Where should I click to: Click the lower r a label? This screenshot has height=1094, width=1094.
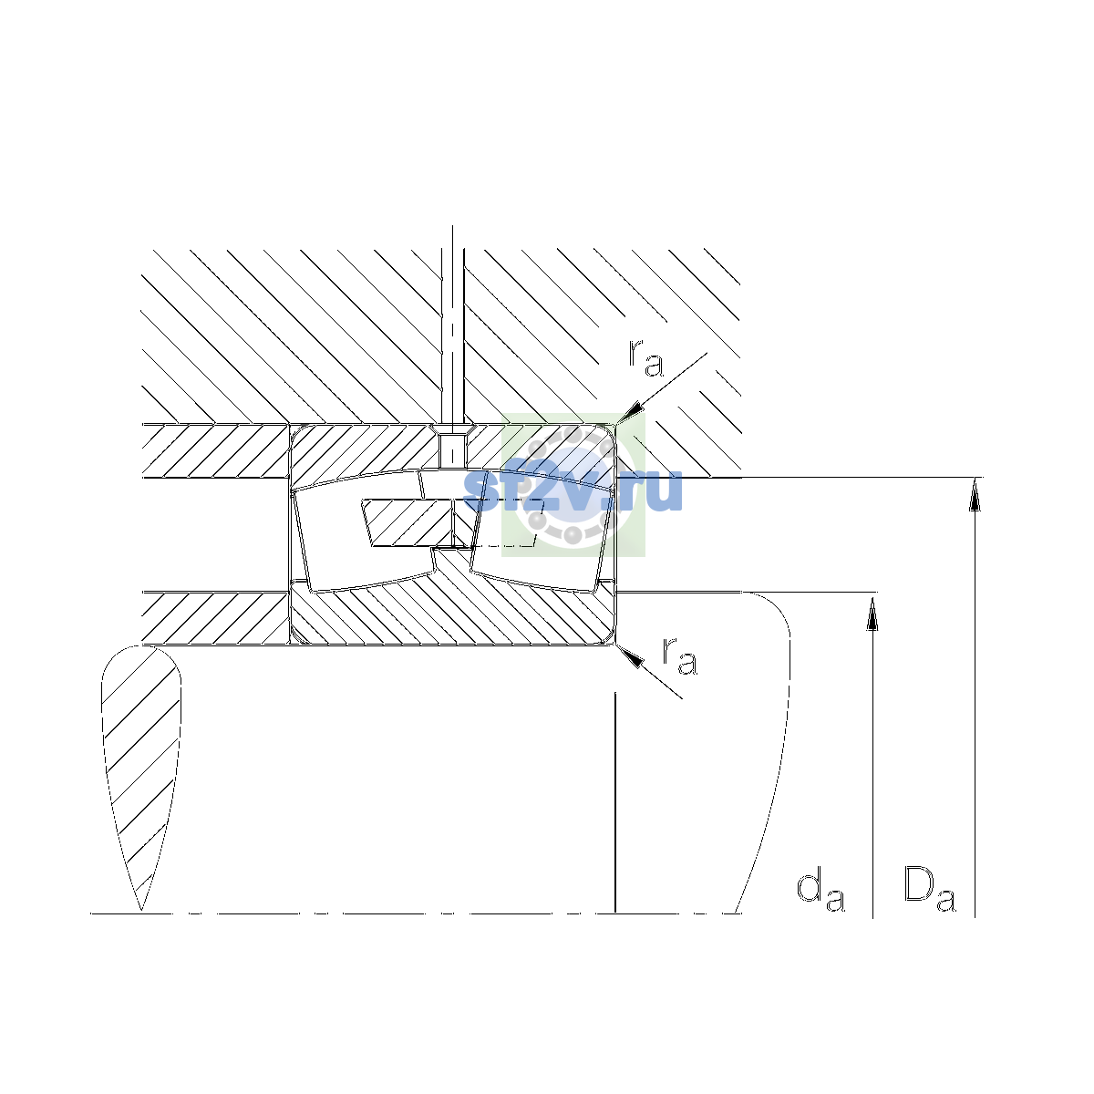(x=679, y=656)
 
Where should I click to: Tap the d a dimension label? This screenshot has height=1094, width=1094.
(x=820, y=891)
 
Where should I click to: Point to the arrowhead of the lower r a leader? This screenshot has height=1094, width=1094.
(x=630, y=656)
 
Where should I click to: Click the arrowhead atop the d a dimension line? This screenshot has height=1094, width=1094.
(x=872, y=614)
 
